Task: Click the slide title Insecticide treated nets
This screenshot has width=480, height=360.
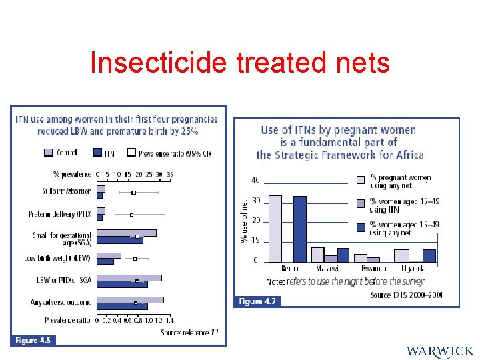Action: [239, 63]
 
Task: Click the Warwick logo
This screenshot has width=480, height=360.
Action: [439, 351]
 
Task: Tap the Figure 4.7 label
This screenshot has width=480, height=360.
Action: [257, 301]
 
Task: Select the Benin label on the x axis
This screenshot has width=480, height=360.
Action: [289, 268]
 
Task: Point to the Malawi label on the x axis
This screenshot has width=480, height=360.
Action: [327, 268]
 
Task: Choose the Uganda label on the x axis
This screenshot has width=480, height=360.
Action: [413, 268]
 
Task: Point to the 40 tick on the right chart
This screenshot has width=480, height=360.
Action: [255, 179]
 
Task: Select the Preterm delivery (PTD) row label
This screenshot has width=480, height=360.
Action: [60, 214]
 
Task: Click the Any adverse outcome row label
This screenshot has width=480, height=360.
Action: [61, 302]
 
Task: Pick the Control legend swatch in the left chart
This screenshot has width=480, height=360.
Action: [48, 153]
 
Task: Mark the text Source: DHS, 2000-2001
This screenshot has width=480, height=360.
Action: [406, 295]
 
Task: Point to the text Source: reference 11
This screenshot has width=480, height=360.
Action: [189, 332]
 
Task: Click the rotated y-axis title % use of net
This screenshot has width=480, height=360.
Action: [244, 220]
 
